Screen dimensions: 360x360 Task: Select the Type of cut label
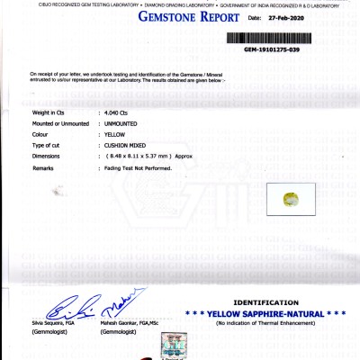pos(47,145)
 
